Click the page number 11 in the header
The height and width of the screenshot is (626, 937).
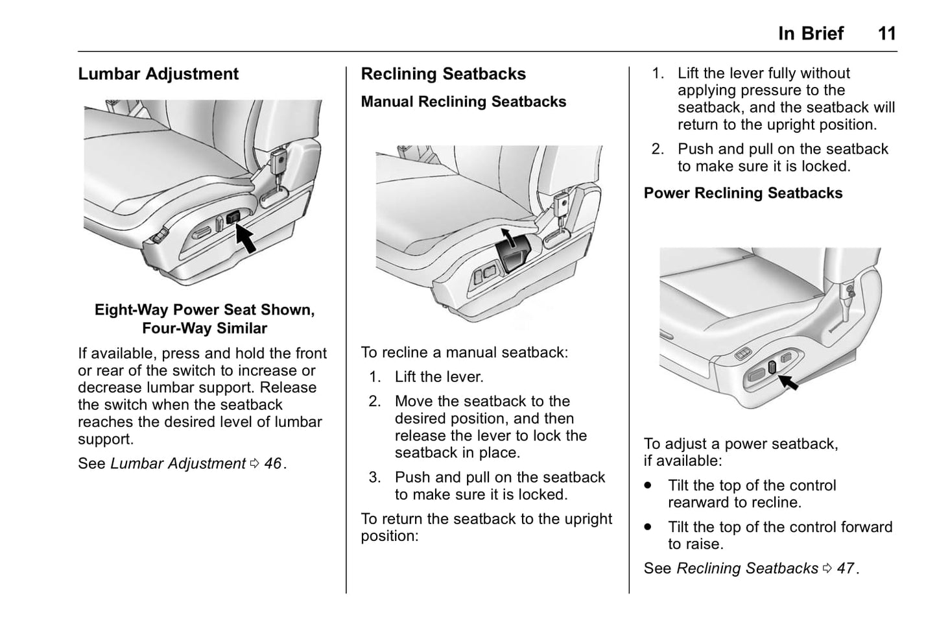(x=886, y=34)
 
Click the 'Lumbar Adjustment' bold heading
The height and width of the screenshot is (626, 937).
(x=158, y=74)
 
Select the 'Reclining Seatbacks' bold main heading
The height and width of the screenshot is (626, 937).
(x=443, y=74)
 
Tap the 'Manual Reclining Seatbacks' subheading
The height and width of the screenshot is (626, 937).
(x=463, y=102)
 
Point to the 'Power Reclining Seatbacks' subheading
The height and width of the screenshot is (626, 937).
(x=742, y=193)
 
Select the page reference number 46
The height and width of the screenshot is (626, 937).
(x=272, y=464)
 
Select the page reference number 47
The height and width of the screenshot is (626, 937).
(x=845, y=568)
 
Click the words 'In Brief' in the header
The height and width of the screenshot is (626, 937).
(x=811, y=34)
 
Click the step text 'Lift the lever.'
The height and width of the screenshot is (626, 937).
(x=439, y=377)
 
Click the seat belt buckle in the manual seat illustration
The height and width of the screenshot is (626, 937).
(x=561, y=206)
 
